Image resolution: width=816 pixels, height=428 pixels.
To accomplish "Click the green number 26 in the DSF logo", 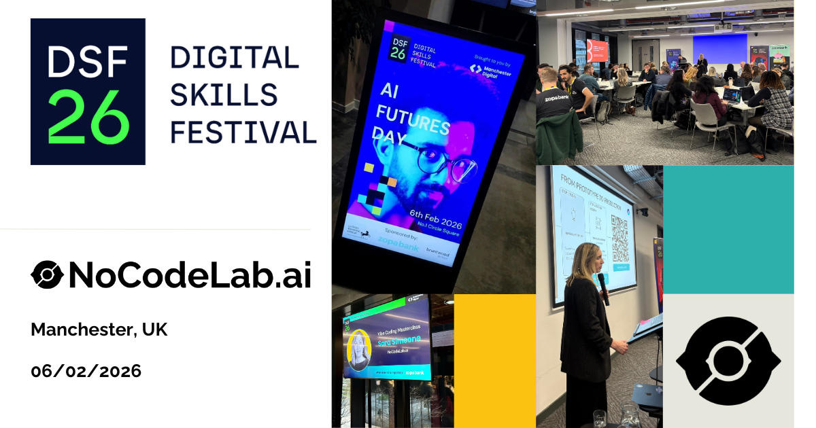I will (x=88, y=120).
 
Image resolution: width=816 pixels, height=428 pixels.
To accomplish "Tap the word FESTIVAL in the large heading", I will (x=243, y=131).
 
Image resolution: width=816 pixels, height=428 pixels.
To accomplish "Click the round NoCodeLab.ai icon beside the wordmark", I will (x=47, y=275).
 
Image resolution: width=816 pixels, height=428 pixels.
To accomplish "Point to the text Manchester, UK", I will (x=99, y=330).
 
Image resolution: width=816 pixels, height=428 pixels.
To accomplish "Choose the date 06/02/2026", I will (x=86, y=371).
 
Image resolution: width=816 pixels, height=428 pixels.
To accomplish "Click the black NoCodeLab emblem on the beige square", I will (x=728, y=361).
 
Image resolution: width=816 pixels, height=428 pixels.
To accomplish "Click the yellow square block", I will (x=494, y=360).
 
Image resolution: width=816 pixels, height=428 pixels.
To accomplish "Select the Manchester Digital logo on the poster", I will (x=490, y=71).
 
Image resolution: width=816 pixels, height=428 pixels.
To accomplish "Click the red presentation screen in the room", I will (x=598, y=50).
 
